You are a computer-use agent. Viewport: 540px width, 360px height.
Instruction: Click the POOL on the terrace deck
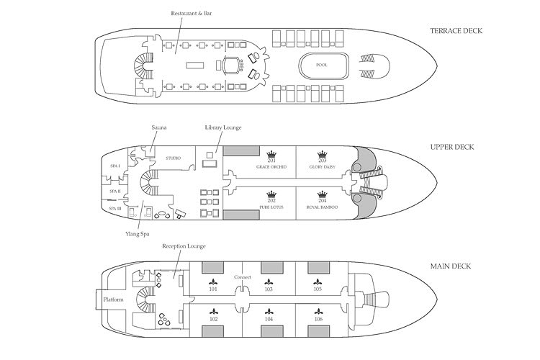point(321,65)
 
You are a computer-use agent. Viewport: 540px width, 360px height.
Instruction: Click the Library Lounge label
point(222,127)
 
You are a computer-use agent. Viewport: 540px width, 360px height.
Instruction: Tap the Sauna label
point(159,127)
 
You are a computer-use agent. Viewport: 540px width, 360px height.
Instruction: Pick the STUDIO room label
point(174,158)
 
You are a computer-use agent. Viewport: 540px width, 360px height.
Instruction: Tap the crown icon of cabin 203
point(322,154)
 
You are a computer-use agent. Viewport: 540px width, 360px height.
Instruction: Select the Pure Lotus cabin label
point(271,207)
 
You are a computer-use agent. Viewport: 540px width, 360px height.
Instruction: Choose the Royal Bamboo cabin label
point(322,207)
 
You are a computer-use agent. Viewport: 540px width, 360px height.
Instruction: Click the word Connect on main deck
point(242,276)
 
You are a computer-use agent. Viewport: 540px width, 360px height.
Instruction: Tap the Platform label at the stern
point(114,299)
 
